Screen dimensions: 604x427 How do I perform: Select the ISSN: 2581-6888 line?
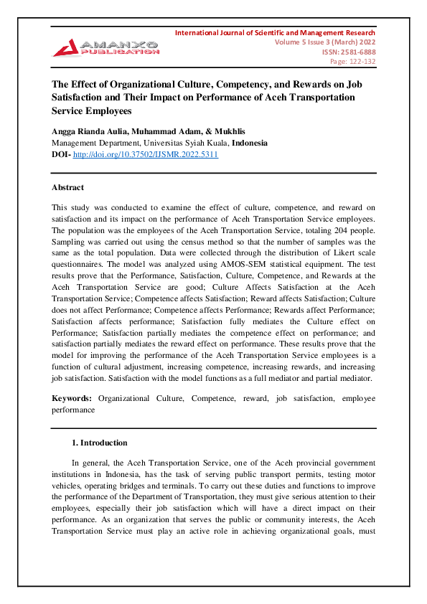click(352, 52)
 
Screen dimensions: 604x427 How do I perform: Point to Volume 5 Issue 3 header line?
click(325, 42)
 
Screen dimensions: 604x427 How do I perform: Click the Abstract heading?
click(67, 187)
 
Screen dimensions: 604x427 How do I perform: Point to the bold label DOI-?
click(62, 154)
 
